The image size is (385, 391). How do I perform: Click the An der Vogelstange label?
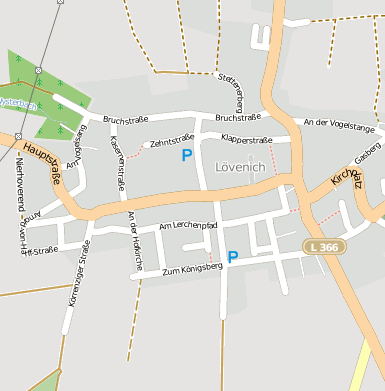tap(339, 126)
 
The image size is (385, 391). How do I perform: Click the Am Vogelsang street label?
tap(76, 150)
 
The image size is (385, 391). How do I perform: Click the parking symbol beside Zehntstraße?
tap(186, 155)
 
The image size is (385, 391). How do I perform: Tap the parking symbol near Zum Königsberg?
tap(233, 257)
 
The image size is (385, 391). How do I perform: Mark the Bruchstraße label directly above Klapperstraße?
tap(238, 117)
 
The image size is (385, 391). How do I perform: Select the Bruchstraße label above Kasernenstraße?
tap(126, 121)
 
